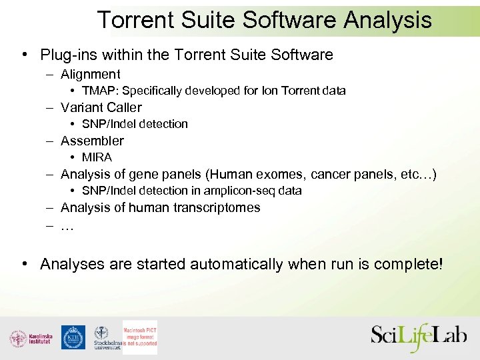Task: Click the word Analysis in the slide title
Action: pyautogui.click(x=387, y=20)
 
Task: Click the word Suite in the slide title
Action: pyautogui.click(x=205, y=20)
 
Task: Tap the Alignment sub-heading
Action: pyautogui.click(x=90, y=74)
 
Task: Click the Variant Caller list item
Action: pyautogui.click(x=101, y=107)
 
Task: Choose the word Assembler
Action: pyautogui.click(x=92, y=141)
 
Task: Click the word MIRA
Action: pyautogui.click(x=97, y=157)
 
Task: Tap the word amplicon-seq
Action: pyautogui.click(x=242, y=191)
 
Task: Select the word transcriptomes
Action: pyautogui.click(x=217, y=207)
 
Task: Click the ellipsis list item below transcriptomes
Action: pyautogui.click(x=67, y=226)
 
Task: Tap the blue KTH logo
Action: pyautogui.click(x=73, y=337)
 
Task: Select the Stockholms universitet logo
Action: pyautogui.click(x=105, y=338)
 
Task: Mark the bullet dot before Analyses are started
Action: pyautogui.click(x=24, y=264)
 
